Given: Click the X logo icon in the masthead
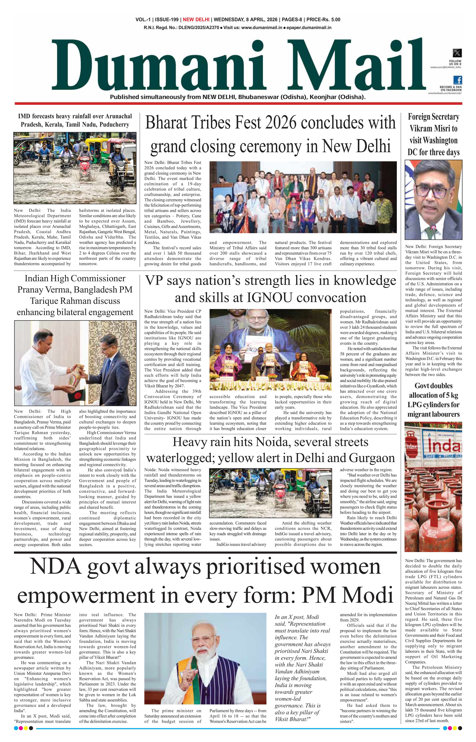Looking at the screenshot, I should [457, 53].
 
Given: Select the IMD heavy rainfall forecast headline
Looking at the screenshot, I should [75, 120].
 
